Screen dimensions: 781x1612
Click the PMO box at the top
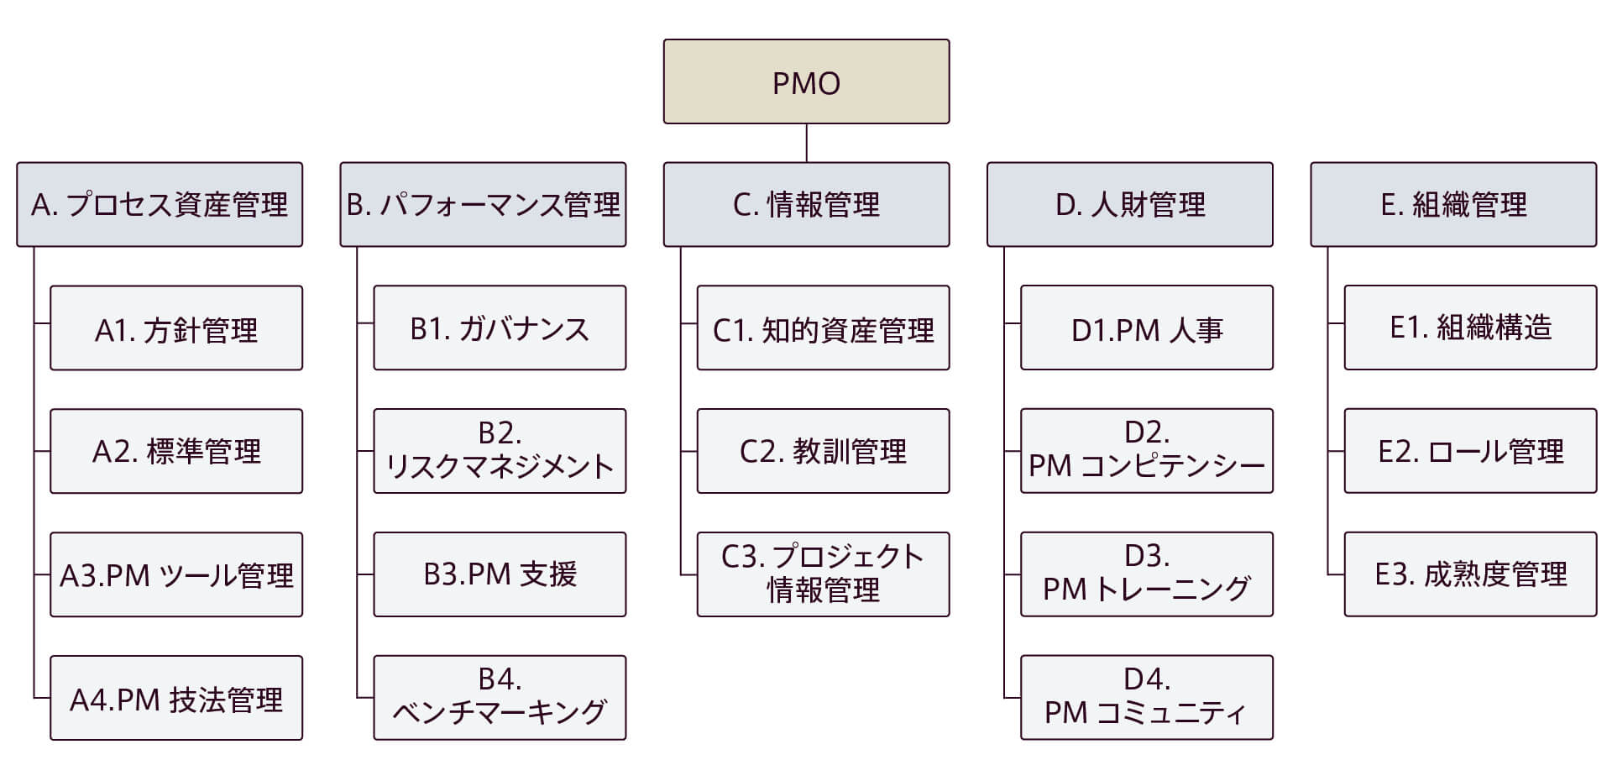[806, 81]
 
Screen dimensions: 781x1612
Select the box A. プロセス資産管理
[160, 204]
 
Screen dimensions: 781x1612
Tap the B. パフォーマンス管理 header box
[483, 204]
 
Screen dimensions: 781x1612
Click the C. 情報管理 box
[806, 204]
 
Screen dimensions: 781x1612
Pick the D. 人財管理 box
[1129, 204]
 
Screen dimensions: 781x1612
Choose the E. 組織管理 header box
[1453, 204]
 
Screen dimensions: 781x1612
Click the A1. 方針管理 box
[176, 328]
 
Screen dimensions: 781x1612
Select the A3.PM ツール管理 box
[176, 574]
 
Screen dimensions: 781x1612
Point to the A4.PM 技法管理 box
[176, 698]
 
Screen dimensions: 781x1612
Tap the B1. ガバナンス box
[500, 328]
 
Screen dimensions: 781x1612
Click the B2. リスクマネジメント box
[500, 451]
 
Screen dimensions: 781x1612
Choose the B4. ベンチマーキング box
[500, 698]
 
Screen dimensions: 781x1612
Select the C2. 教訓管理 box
[823, 451]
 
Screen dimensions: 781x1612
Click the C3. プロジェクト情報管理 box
[823, 574]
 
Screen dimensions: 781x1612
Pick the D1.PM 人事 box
[1147, 328]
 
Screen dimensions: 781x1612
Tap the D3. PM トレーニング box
[1147, 574]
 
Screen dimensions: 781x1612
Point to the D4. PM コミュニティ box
[1147, 698]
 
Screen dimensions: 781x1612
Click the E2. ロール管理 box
[1470, 451]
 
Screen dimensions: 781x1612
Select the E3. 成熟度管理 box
[1470, 574]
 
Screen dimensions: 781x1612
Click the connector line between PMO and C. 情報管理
[806, 143]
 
